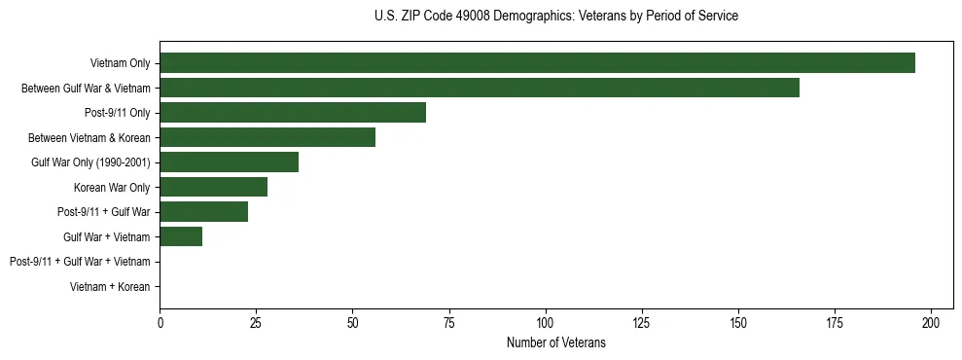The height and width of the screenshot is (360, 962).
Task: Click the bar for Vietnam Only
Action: pos(537,63)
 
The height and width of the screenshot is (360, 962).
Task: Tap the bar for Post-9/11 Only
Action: pos(293,113)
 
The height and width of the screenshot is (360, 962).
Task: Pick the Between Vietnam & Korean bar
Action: pos(267,137)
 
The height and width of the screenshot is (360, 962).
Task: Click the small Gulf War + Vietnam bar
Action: pos(181,236)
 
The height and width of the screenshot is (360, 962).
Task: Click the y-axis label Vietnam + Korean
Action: pos(110,286)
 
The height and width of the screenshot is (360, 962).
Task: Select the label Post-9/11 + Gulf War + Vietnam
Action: pos(80,262)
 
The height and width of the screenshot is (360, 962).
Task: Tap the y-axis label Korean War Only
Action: pos(112,187)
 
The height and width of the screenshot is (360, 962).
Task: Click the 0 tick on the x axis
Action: pos(160,322)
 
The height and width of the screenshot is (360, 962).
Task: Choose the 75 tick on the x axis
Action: pos(449,322)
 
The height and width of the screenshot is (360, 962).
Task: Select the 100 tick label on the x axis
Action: pos(546,322)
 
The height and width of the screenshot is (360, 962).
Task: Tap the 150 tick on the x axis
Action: pos(738,322)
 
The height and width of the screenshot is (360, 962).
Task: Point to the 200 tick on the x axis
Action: pos(932,322)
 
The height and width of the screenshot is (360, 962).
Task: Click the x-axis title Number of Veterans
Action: pos(556,342)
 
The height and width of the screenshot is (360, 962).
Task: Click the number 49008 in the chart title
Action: pos(475,17)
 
